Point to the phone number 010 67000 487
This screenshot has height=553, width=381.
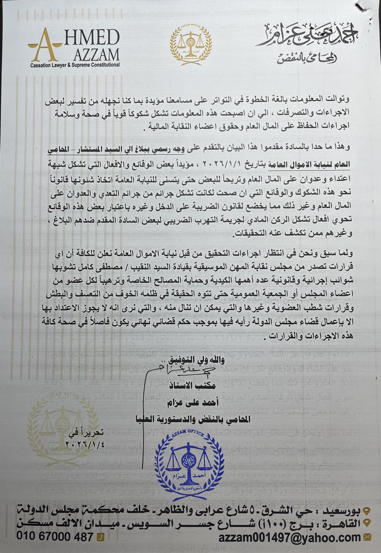pos(55,537)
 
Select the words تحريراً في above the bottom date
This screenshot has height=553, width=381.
pos(89,432)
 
